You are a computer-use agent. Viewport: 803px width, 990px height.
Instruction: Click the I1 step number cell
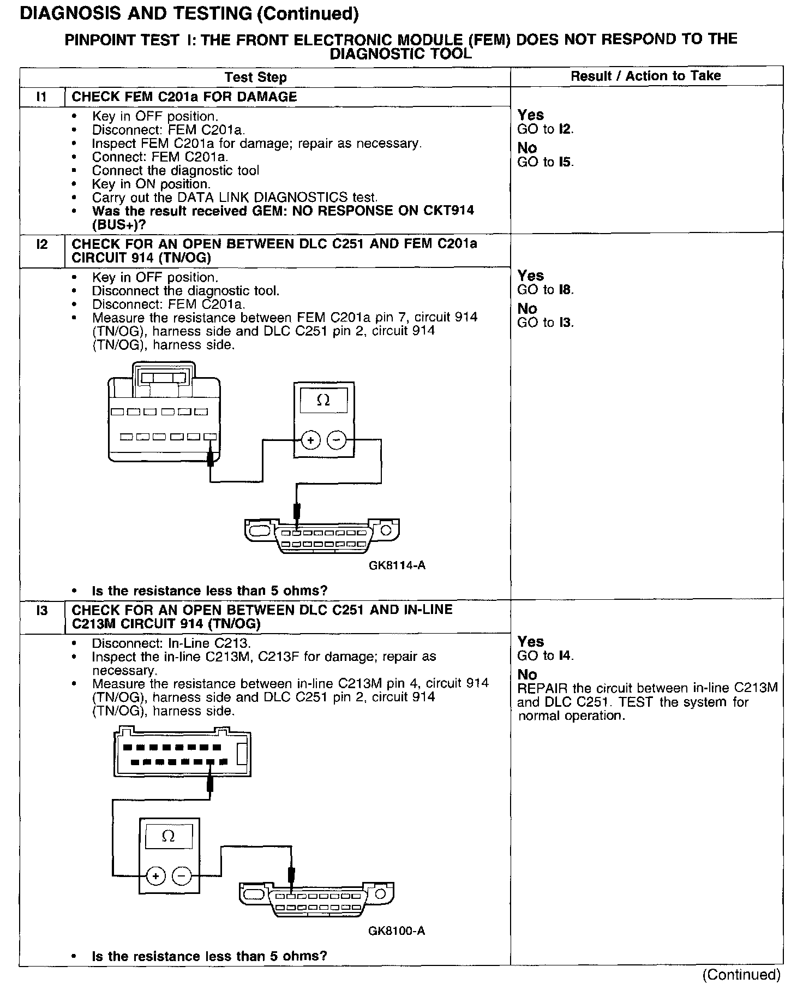pyautogui.click(x=41, y=97)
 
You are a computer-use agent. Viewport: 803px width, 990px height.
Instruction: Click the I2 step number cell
pyautogui.click(x=41, y=244)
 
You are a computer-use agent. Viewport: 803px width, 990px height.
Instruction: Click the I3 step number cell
pyautogui.click(x=41, y=611)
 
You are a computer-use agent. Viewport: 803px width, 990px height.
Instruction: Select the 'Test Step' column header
pyautogui.click(x=255, y=77)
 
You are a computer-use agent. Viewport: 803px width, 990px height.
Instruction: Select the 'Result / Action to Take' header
pyautogui.click(x=645, y=76)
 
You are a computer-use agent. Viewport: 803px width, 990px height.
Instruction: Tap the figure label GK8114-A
pyautogui.click(x=397, y=565)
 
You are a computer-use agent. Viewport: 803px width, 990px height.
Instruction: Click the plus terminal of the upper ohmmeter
pyautogui.click(x=310, y=440)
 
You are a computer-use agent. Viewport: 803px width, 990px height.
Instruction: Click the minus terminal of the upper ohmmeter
pyautogui.click(x=337, y=440)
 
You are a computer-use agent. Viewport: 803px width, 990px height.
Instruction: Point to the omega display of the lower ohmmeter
pyautogui.click(x=169, y=837)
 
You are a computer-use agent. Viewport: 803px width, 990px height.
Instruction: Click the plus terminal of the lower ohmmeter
pyautogui.click(x=155, y=876)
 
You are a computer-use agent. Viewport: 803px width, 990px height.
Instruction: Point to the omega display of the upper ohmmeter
pyautogui.click(x=323, y=401)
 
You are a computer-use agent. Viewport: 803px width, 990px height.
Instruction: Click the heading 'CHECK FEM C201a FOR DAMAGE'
pyautogui.click(x=184, y=97)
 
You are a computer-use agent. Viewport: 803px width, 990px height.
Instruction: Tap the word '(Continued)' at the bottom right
pyautogui.click(x=741, y=975)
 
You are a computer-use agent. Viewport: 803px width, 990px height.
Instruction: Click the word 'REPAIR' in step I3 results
pyautogui.click(x=539, y=688)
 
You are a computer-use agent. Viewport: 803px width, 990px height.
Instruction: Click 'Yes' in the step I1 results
pyautogui.click(x=531, y=115)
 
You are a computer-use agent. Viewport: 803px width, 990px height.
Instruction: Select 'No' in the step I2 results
pyautogui.click(x=527, y=309)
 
